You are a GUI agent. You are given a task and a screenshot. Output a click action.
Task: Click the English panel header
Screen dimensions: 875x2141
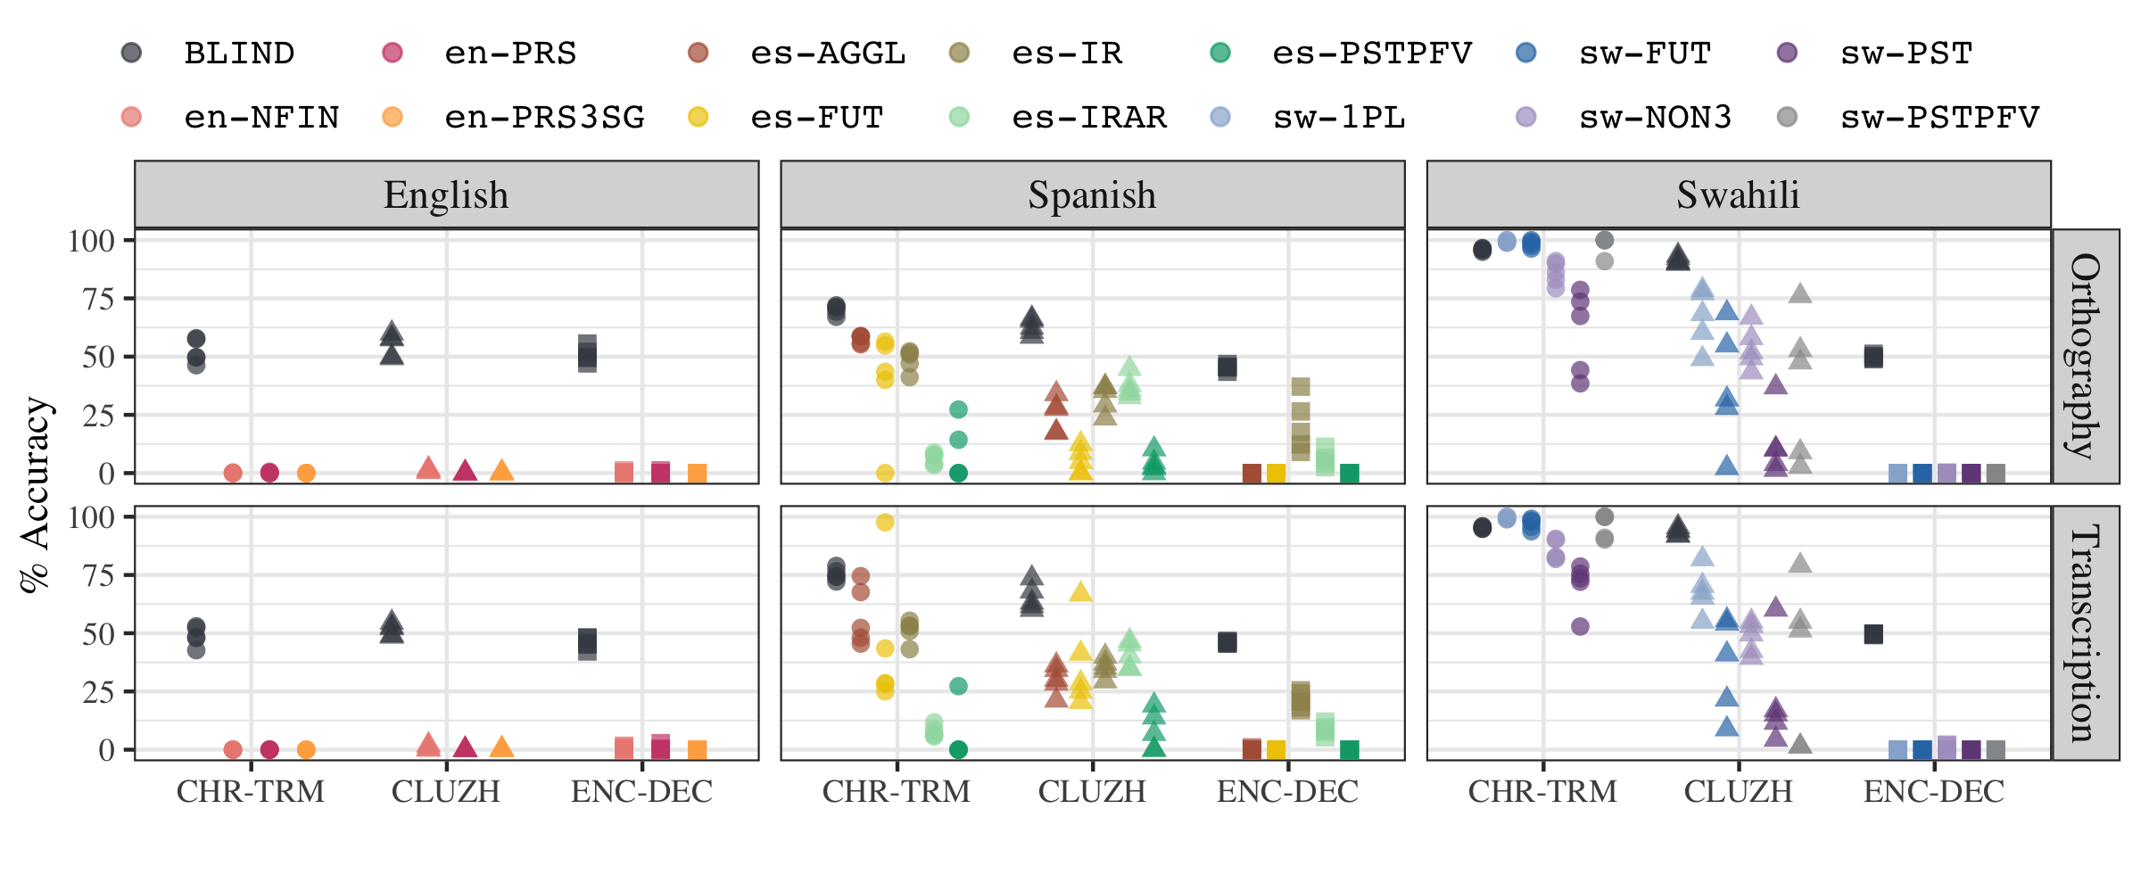pyautogui.click(x=446, y=195)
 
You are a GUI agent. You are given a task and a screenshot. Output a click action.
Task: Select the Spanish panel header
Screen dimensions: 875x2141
pyautogui.click(x=1092, y=195)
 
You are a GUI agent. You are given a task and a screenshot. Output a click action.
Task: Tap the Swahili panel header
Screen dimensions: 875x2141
pyautogui.click(x=1738, y=195)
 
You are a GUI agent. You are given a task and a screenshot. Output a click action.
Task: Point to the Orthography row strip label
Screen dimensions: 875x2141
pyautogui.click(x=2086, y=356)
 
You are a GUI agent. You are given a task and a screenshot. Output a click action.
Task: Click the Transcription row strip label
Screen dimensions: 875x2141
pyautogui.click(x=2086, y=633)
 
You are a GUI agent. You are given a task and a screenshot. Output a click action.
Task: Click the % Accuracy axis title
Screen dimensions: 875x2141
pyautogui.click(x=36, y=495)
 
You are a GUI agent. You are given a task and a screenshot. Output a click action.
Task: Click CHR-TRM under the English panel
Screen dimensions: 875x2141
pyautogui.click(x=251, y=792)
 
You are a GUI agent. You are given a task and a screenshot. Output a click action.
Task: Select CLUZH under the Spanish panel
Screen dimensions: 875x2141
pyautogui.click(x=1092, y=792)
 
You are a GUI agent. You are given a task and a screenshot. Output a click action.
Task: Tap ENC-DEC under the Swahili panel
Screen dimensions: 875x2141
pyautogui.click(x=1934, y=792)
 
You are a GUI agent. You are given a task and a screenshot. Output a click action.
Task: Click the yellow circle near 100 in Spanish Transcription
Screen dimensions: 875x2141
pyautogui.click(x=885, y=523)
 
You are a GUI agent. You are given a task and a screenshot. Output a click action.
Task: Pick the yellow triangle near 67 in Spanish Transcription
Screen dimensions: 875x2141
pyautogui.click(x=1080, y=592)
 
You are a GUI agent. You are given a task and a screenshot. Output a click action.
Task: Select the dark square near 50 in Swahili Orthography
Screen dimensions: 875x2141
pyautogui.click(x=1873, y=357)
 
